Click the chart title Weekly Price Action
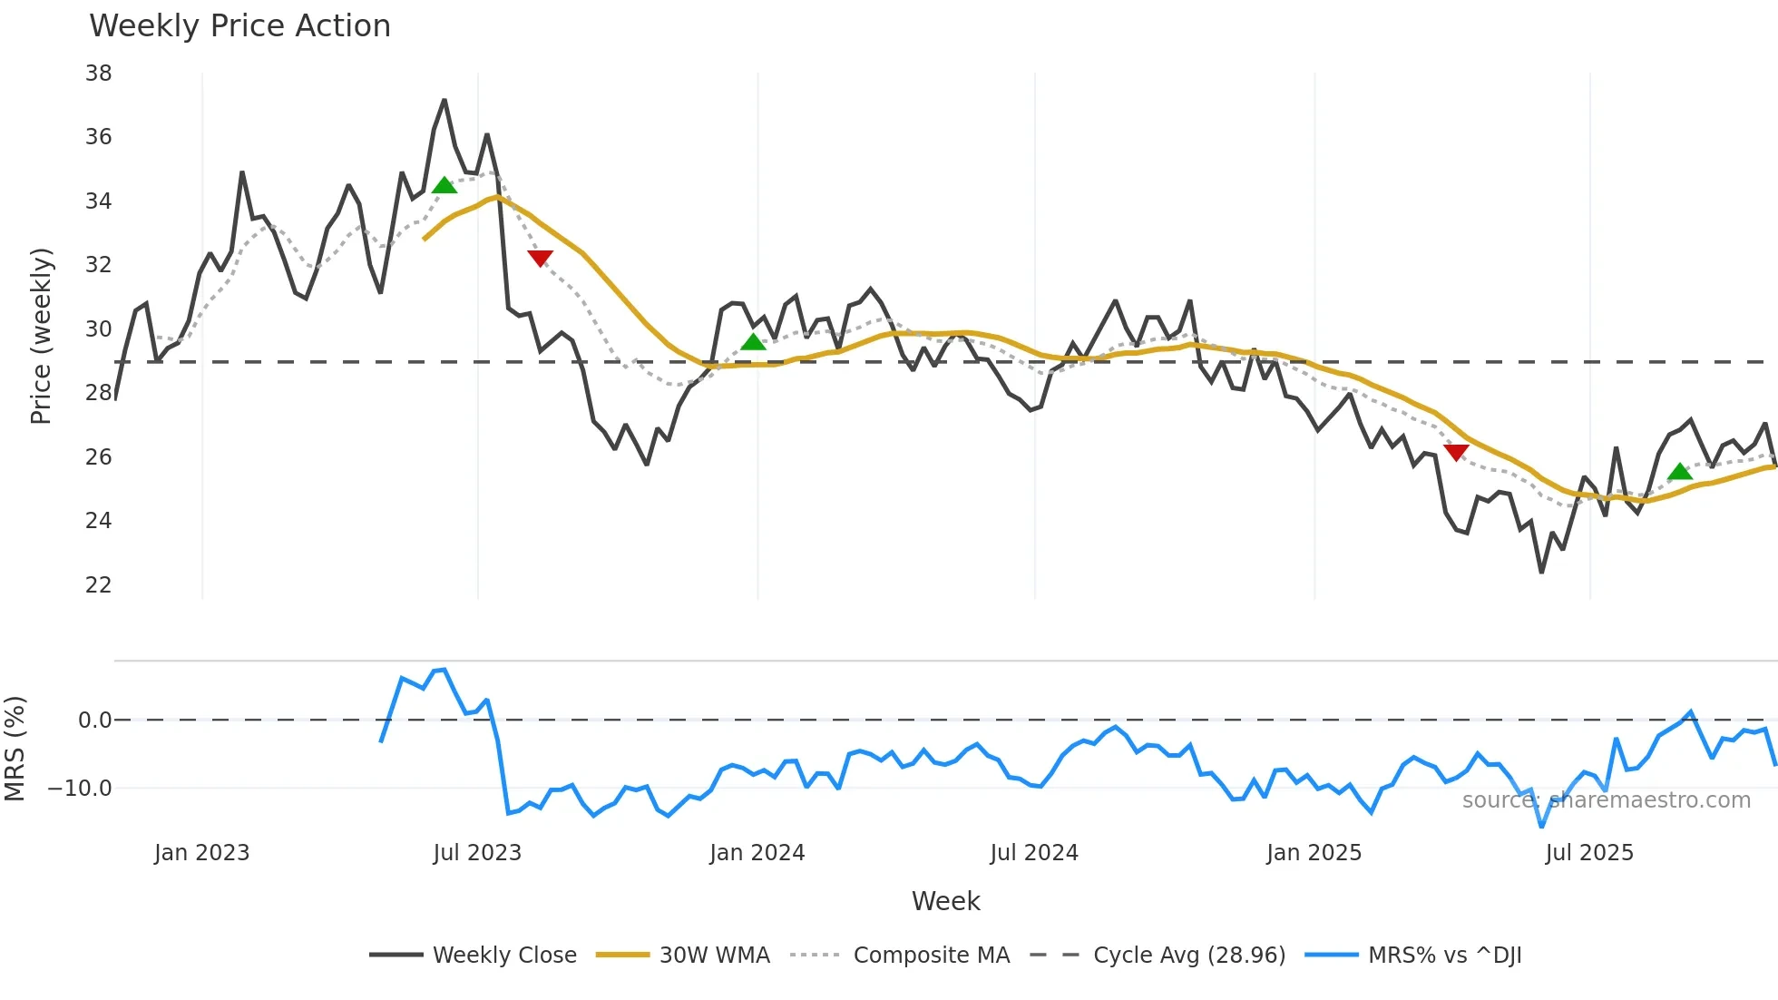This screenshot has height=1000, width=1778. (239, 26)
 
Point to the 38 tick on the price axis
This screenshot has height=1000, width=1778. (98, 74)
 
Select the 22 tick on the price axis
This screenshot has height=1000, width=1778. (98, 585)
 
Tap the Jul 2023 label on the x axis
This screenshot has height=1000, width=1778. (477, 853)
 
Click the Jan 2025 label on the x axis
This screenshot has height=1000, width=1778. (1314, 853)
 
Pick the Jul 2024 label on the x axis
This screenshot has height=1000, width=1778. (1034, 853)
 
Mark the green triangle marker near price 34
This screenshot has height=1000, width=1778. (444, 186)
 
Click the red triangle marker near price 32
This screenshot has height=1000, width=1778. (540, 259)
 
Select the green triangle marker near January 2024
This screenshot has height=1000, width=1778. (753, 342)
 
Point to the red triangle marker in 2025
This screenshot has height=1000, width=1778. (1456, 453)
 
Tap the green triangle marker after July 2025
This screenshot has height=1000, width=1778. (1680, 471)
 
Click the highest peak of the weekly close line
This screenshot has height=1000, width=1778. (444, 101)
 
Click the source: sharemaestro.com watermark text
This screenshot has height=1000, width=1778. (1606, 800)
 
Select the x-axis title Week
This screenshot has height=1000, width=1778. (945, 901)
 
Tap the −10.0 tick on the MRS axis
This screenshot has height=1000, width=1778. (80, 789)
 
